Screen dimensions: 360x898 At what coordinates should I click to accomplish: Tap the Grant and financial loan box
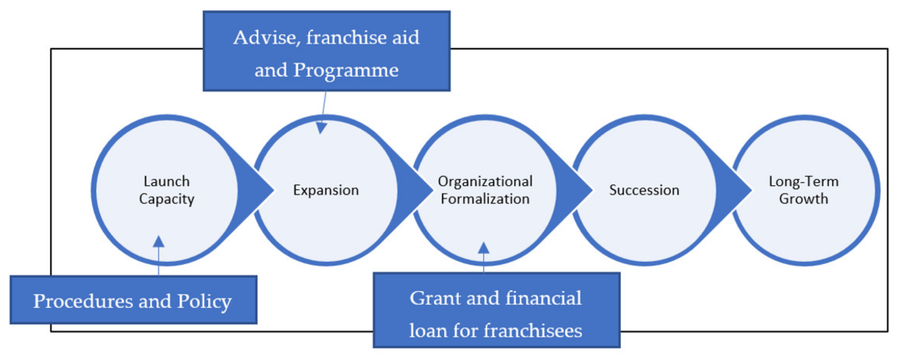click(496, 310)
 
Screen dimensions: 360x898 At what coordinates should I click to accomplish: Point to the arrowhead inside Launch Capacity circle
click(159, 241)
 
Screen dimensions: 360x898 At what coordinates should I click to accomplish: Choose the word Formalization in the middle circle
click(485, 199)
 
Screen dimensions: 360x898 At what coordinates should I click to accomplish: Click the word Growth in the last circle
click(804, 199)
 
